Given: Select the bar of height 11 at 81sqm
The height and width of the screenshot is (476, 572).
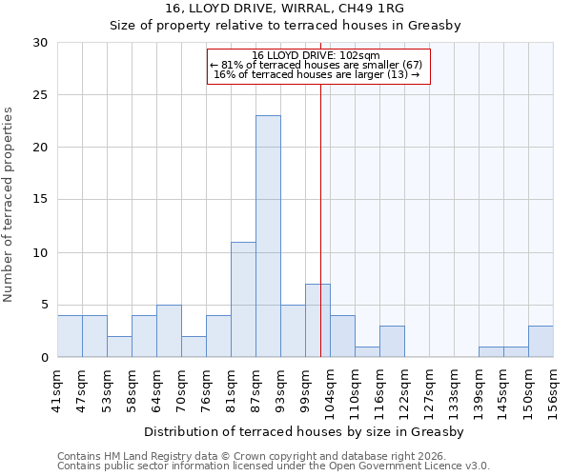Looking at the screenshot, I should point(243,300).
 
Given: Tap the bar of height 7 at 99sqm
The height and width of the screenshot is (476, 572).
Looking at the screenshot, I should point(317,321).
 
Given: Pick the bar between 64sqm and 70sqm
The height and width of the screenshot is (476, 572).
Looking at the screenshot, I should point(169,331).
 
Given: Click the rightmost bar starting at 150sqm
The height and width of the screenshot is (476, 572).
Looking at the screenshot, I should point(541,342).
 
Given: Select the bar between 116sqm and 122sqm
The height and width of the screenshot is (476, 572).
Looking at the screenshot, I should point(392,342).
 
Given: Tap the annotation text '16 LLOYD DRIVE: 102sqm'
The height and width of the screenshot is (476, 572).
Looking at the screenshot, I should point(317,56).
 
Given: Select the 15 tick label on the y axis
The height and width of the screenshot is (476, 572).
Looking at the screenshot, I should point(40,200).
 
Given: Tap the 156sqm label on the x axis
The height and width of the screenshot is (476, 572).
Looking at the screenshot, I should point(553,390).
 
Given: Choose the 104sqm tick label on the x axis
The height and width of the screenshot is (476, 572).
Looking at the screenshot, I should point(330,390).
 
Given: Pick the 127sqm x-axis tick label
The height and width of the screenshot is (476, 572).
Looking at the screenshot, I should point(429,390).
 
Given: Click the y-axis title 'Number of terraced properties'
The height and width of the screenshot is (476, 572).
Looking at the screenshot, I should point(10,204).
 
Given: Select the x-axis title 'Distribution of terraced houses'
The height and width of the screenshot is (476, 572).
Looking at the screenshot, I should point(305,432).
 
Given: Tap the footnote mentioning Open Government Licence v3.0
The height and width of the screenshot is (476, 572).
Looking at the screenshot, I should point(274,466).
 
